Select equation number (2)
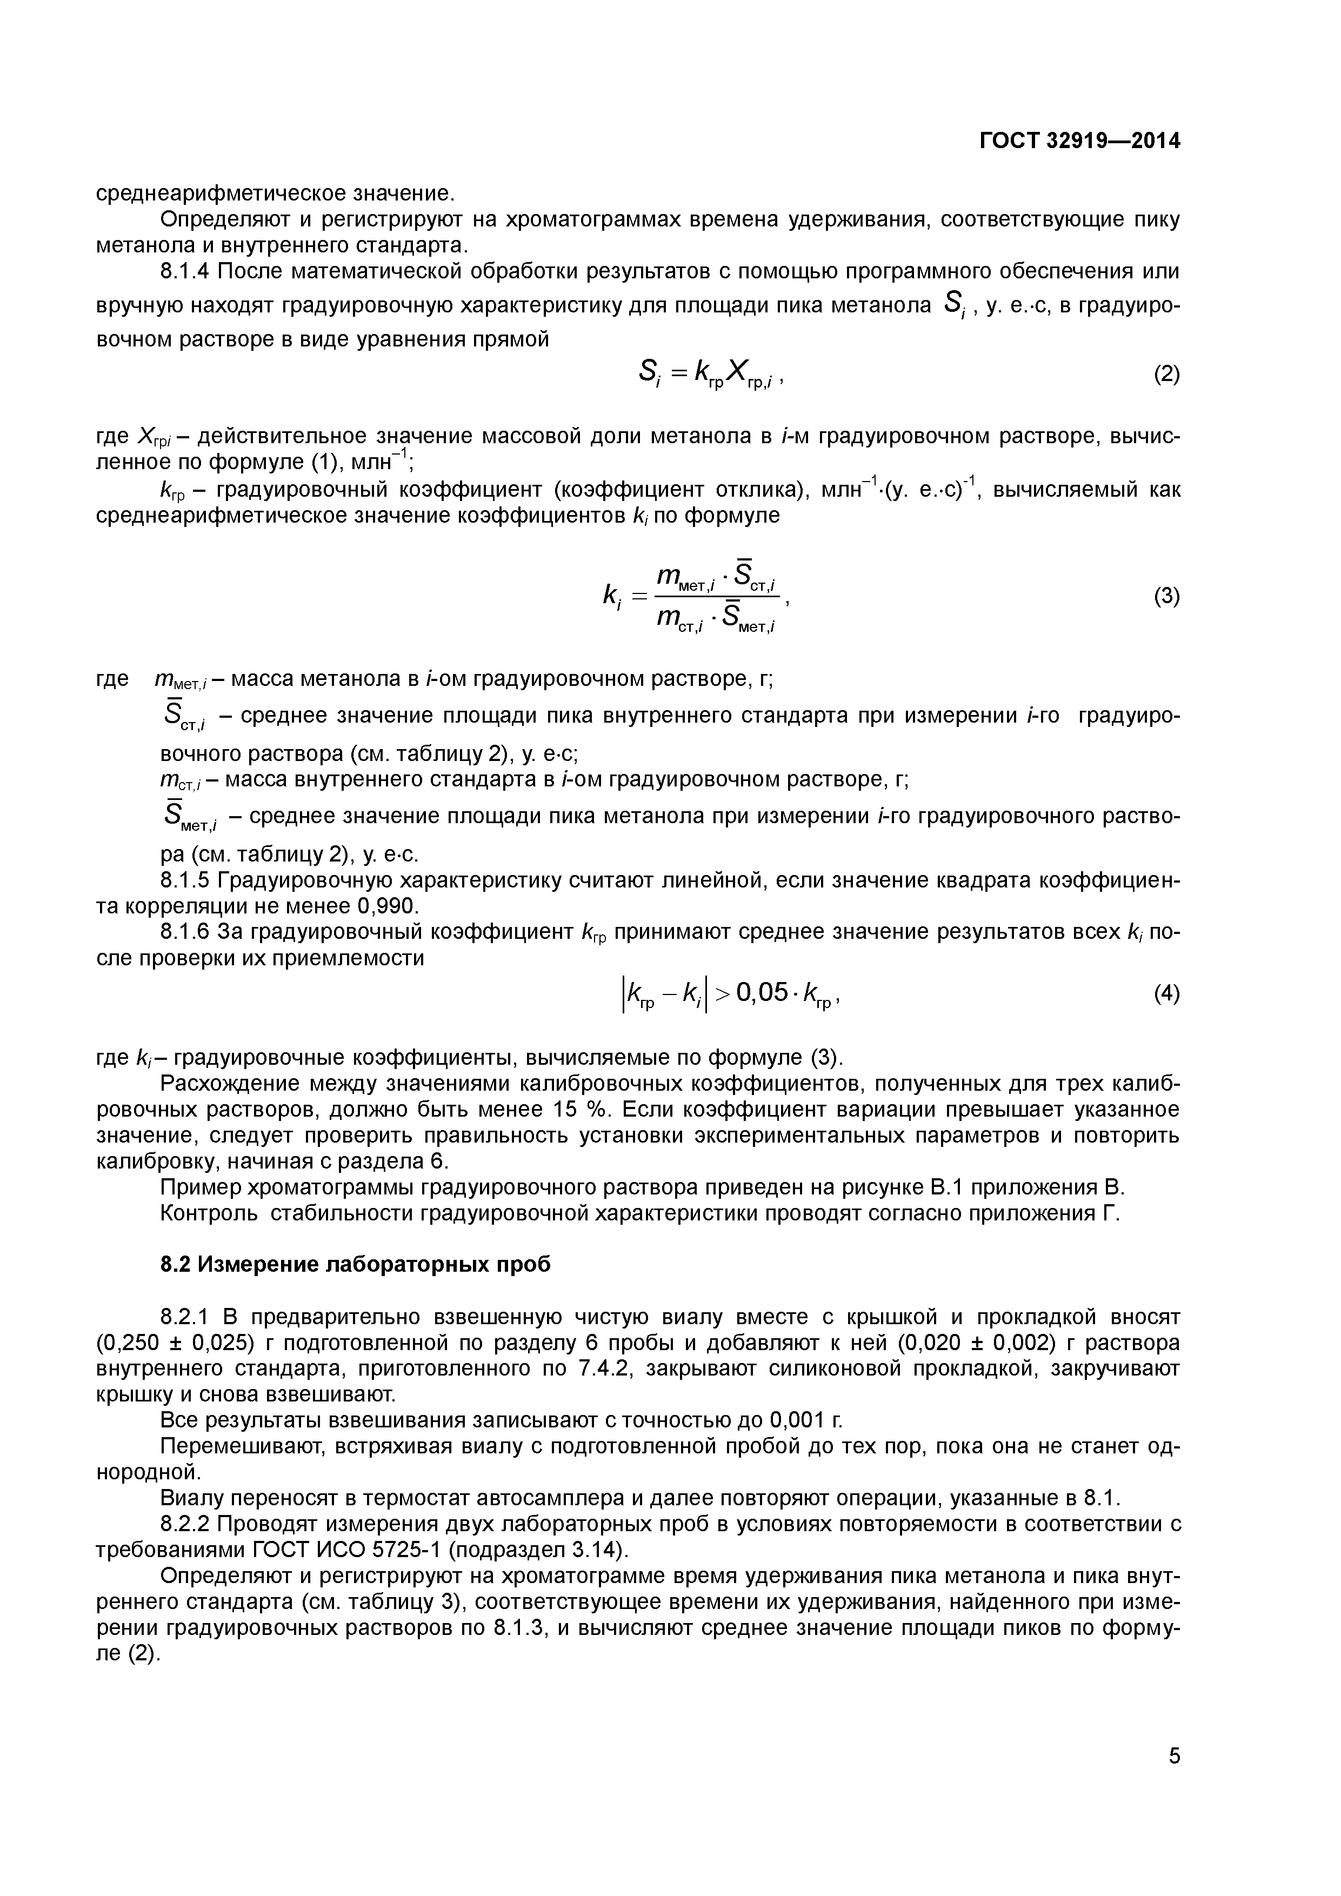(x=1166, y=375)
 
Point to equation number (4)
(x=1166, y=994)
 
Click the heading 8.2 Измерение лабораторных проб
(x=355, y=1264)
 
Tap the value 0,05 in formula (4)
(x=762, y=993)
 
